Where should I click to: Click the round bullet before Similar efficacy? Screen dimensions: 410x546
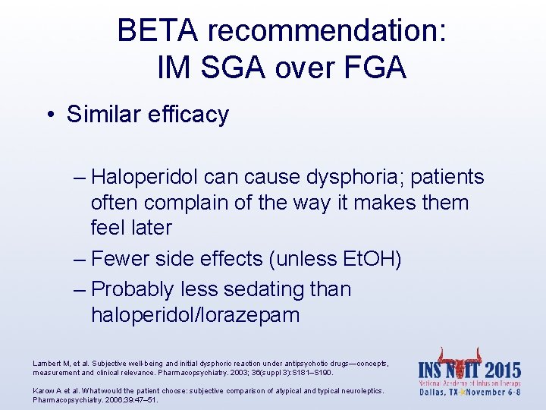click(49, 115)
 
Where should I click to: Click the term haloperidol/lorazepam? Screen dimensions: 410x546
click(195, 314)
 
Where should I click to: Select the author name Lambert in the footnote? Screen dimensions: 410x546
click(47, 364)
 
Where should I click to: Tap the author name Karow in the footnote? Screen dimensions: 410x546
click(44, 390)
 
